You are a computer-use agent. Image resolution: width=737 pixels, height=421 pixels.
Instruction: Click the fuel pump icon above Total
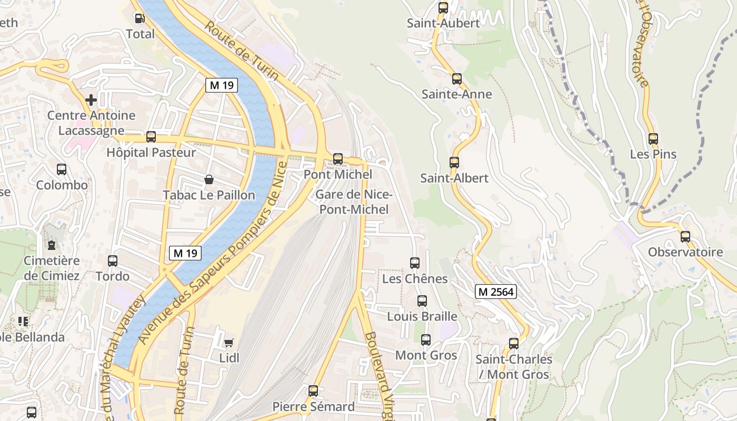[140, 18]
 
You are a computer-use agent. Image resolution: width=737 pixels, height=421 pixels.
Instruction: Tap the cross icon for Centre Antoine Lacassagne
[91, 99]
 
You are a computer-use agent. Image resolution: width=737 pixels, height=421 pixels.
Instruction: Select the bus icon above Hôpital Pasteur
[151, 137]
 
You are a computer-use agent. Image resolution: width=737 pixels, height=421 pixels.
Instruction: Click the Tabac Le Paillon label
[208, 195]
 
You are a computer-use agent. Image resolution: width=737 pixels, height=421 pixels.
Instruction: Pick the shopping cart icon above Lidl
[228, 343]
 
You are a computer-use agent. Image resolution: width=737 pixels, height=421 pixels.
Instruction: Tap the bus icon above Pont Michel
[338, 158]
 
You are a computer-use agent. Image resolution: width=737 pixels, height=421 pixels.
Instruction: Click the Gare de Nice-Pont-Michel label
[353, 202]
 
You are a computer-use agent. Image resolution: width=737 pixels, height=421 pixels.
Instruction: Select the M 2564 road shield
[495, 292]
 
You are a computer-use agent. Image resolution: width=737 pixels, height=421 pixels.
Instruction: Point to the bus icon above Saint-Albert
[454, 162]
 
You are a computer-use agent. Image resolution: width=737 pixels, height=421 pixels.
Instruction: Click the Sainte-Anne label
[456, 95]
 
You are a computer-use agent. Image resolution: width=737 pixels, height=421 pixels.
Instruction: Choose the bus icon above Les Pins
[653, 139]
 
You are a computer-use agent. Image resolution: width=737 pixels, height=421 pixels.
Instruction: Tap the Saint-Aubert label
[443, 24]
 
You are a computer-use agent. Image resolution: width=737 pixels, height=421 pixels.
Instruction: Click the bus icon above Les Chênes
[415, 263]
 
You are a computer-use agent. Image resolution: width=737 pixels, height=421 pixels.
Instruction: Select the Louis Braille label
[422, 316]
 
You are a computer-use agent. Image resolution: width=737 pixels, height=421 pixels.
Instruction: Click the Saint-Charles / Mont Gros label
[514, 367]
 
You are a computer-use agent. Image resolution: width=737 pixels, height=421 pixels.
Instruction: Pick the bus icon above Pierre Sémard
[313, 391]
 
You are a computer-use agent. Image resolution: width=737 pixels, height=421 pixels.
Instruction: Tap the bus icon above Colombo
[62, 169]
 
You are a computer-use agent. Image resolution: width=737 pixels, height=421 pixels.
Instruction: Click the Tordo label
[112, 276]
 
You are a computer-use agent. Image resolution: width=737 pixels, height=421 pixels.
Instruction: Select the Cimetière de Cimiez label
[52, 268]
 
